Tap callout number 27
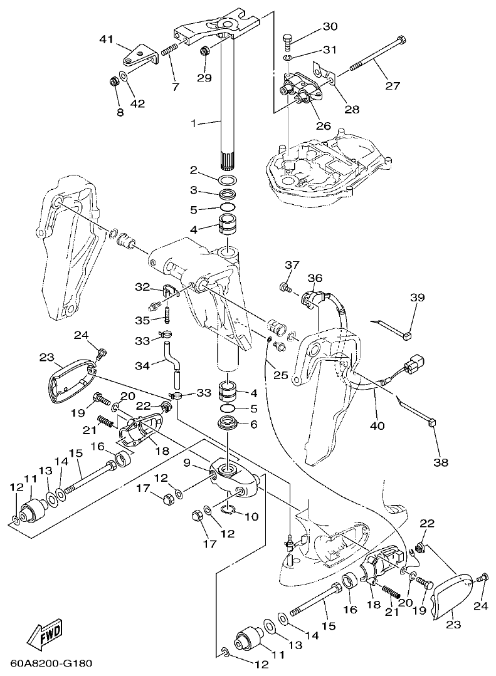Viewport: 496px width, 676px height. click(x=393, y=86)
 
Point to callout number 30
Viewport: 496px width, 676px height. click(x=329, y=26)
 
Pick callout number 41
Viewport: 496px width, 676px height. click(x=107, y=39)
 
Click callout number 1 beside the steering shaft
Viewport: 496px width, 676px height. click(x=194, y=124)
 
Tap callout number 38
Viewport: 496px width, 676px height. click(x=442, y=463)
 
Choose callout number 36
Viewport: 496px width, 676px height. click(x=315, y=278)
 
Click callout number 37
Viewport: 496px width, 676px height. click(x=290, y=265)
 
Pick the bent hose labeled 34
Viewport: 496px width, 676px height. click(x=171, y=363)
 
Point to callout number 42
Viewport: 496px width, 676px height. click(x=137, y=103)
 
